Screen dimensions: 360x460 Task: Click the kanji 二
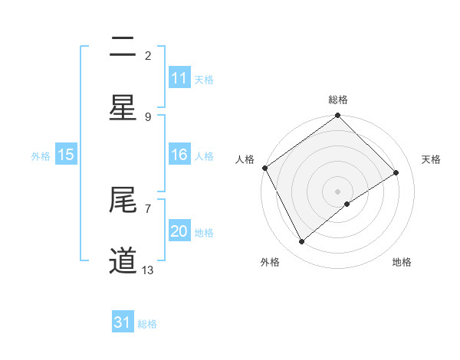(x=123, y=47)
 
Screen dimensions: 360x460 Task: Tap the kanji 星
(x=123, y=107)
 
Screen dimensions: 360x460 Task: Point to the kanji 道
(x=123, y=260)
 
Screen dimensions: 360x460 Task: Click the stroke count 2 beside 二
(x=148, y=56)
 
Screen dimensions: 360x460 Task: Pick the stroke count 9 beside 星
(x=148, y=116)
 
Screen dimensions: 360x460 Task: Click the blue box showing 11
(x=179, y=78)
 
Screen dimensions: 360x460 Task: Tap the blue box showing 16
(x=179, y=155)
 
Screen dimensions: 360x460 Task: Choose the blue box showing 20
(x=179, y=231)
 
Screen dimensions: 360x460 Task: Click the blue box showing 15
(x=65, y=155)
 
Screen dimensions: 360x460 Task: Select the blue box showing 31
(x=123, y=323)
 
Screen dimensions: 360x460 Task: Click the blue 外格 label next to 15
(x=41, y=155)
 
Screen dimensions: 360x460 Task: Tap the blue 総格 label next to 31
(x=147, y=324)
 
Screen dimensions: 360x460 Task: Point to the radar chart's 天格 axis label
(x=432, y=159)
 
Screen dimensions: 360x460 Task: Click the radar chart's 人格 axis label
(x=245, y=159)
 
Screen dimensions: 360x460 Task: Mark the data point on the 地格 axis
(x=347, y=204)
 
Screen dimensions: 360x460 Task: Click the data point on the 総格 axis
(x=337, y=116)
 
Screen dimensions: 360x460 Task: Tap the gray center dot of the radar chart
(x=337, y=191)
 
